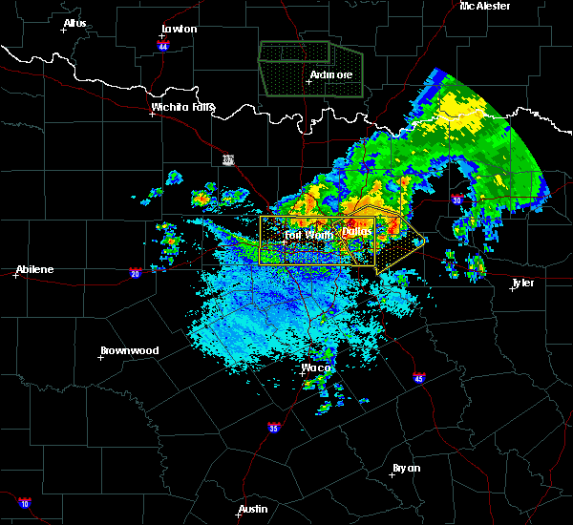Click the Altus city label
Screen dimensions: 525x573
pyautogui.click(x=74, y=23)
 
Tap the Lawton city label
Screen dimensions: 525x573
pyautogui.click(x=179, y=29)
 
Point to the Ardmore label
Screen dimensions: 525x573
pyautogui.click(x=331, y=74)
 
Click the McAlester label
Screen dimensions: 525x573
pyautogui.click(x=484, y=6)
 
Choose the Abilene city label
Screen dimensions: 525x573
pyautogui.click(x=33, y=269)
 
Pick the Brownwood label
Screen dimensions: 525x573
pyautogui.click(x=129, y=350)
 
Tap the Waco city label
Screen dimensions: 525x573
pyautogui.click(x=316, y=367)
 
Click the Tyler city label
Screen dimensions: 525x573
pyautogui.click(x=522, y=283)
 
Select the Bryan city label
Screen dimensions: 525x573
pyautogui.click(x=406, y=468)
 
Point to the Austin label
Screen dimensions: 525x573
pyautogui.click(x=253, y=509)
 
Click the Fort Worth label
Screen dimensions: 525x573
pyautogui.click(x=308, y=234)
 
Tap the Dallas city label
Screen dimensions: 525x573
pyautogui.click(x=357, y=232)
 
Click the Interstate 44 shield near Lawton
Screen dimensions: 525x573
pyautogui.click(x=163, y=45)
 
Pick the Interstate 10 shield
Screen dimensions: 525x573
pyautogui.click(x=24, y=503)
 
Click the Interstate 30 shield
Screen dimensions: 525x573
pyautogui.click(x=457, y=199)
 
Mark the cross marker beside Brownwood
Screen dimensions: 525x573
pyautogui.click(x=100, y=357)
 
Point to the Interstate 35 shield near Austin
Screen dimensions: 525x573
pyautogui.click(x=274, y=427)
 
